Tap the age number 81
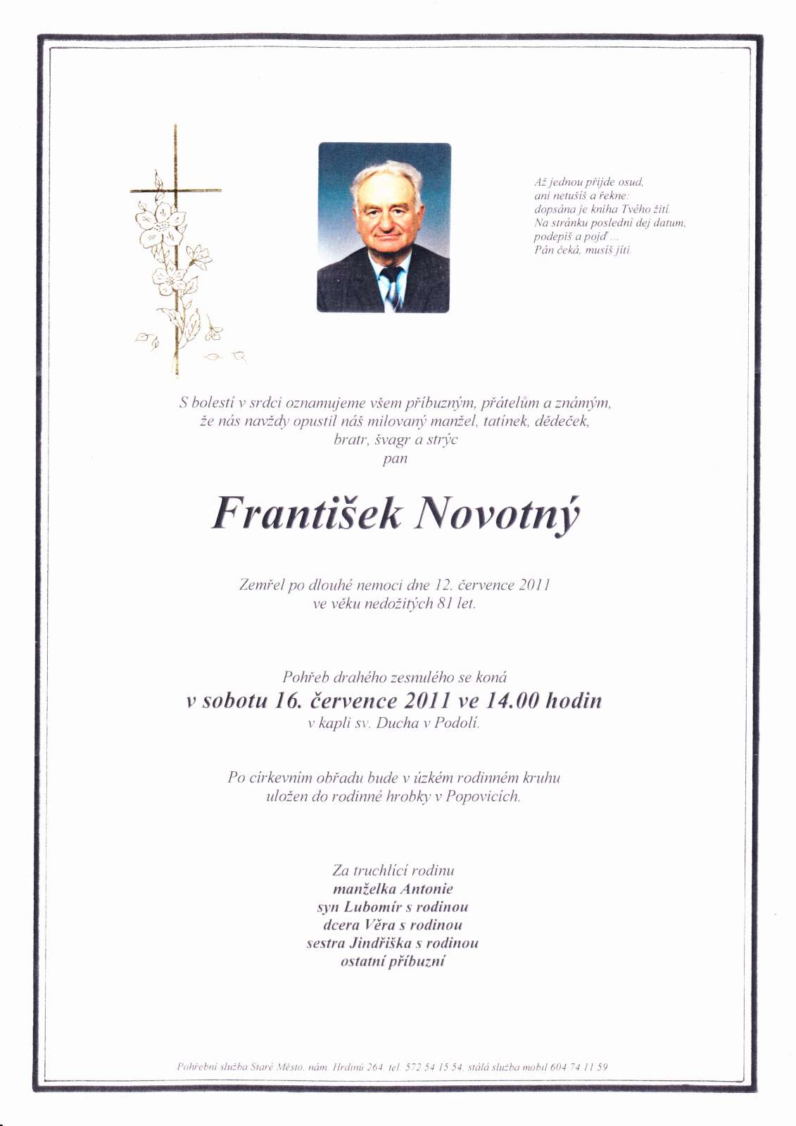(445, 604)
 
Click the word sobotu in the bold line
(234, 701)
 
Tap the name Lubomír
(373, 907)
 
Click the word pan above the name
(395, 459)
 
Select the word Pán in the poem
(543, 250)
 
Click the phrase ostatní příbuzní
(393, 961)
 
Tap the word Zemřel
(261, 585)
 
